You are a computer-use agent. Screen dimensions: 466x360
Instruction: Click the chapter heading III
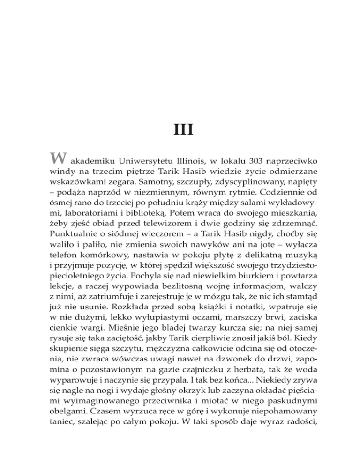(x=180, y=128)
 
